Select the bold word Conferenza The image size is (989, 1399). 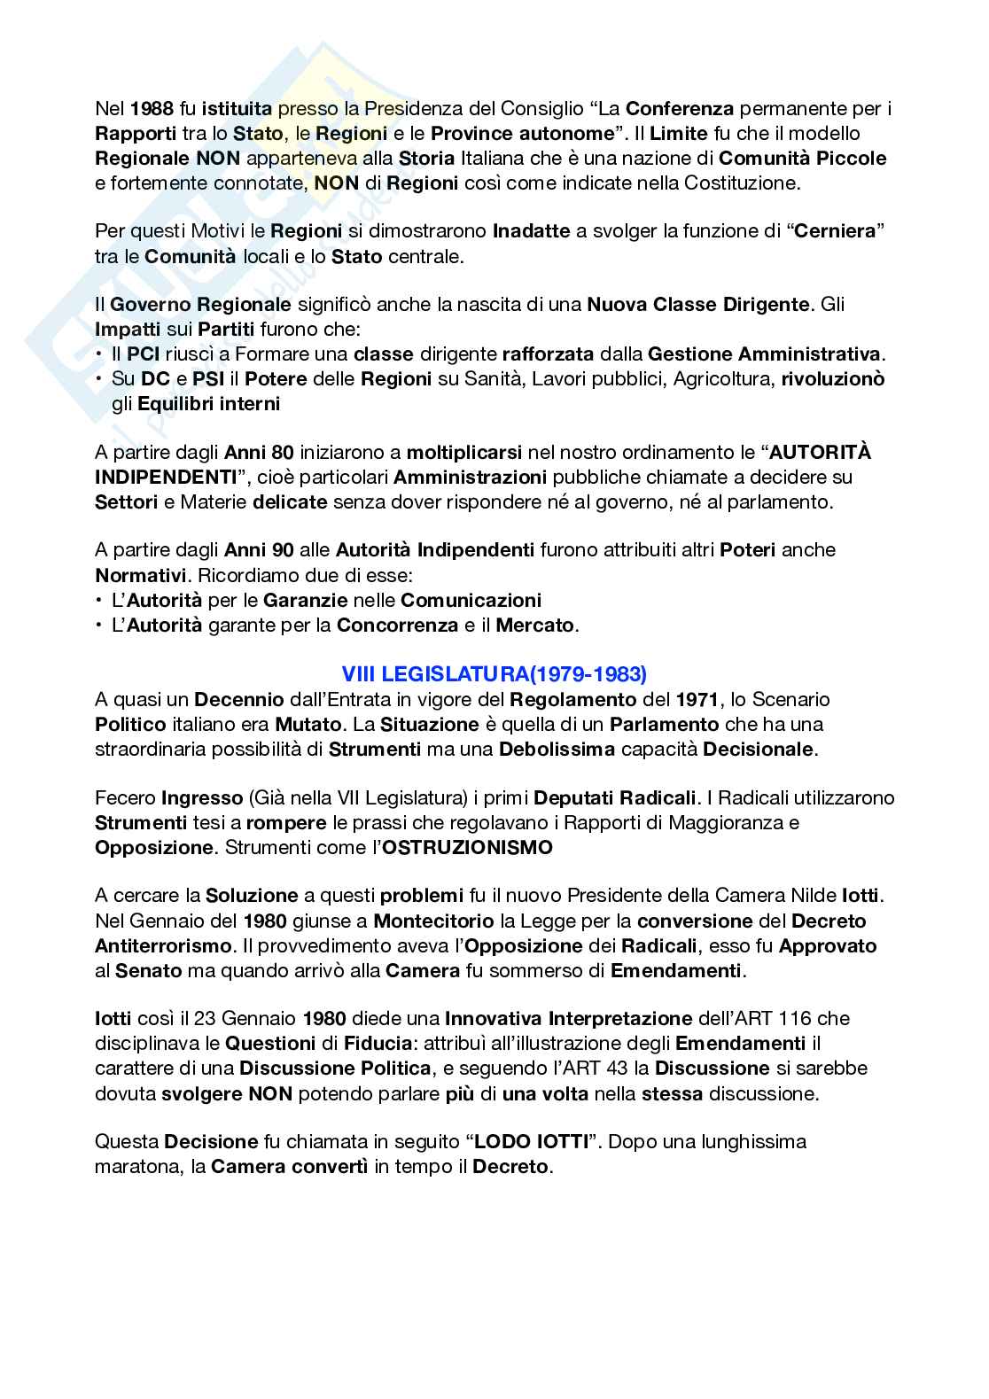tap(680, 109)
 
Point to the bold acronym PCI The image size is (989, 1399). tap(143, 354)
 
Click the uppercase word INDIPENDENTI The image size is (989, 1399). tap(166, 477)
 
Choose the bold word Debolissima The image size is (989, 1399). tap(557, 749)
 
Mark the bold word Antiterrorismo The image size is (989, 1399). tap(163, 945)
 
